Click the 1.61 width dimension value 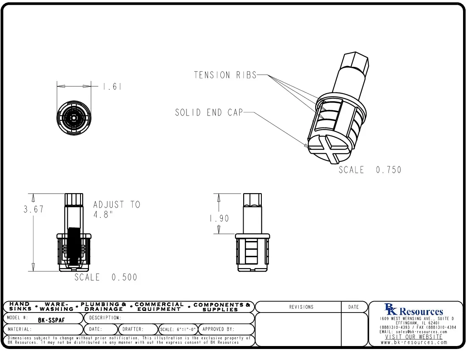(112, 87)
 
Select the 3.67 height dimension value (33, 209)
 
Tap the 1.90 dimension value (219, 219)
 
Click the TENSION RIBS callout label (225, 75)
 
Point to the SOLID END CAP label (209, 113)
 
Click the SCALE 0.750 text (370, 170)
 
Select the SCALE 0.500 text (106, 277)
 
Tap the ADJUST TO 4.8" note (116, 209)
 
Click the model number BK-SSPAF (51, 320)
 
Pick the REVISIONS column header (301, 307)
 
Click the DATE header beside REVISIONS (353, 307)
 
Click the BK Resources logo (413, 310)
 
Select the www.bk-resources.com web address (414, 342)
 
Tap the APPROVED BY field (218, 329)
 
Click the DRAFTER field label (133, 329)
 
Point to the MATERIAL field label (19, 329)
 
